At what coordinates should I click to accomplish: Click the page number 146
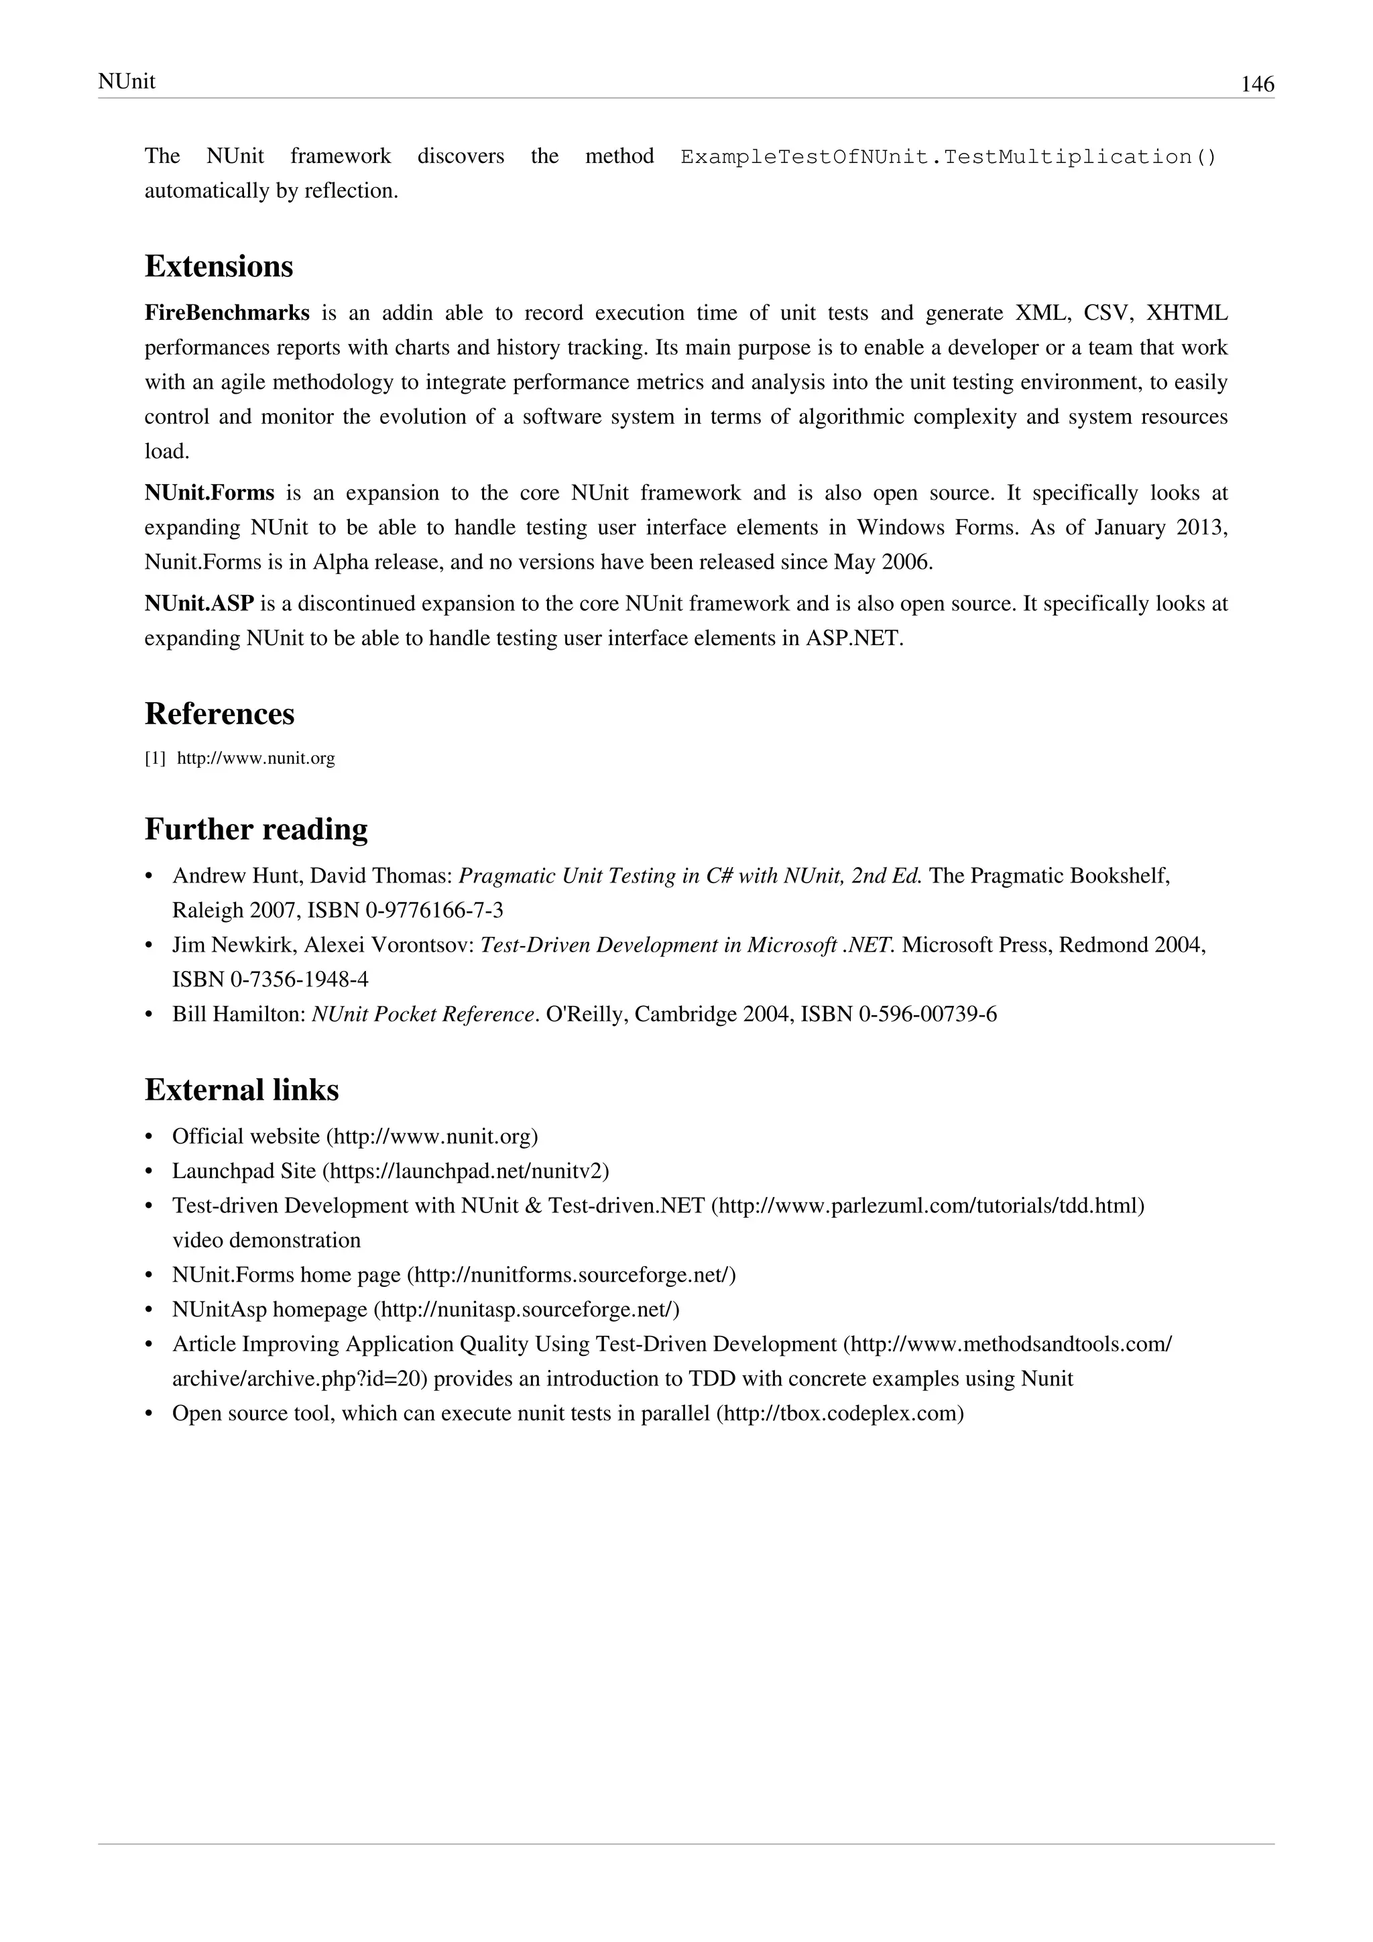(x=1256, y=84)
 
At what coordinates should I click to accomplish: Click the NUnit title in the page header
(x=127, y=81)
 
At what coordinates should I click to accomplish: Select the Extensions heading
(x=219, y=266)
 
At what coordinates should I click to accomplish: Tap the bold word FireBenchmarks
(x=227, y=314)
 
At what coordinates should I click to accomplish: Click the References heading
(x=220, y=714)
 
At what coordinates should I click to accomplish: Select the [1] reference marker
(x=155, y=758)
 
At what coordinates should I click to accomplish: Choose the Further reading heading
(x=256, y=829)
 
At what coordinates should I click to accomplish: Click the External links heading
(x=242, y=1090)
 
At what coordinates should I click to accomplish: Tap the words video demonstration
(x=266, y=1241)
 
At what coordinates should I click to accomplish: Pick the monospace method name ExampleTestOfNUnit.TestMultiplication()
(x=948, y=158)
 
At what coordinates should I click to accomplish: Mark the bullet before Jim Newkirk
(x=150, y=946)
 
